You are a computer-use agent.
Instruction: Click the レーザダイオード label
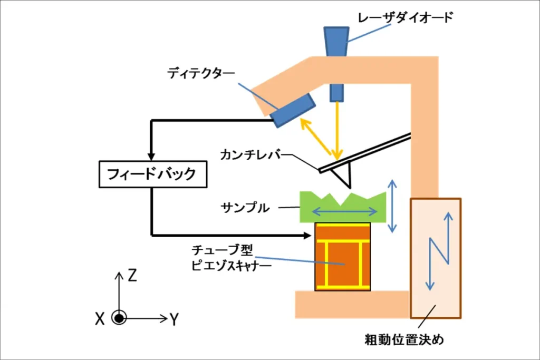coord(405,17)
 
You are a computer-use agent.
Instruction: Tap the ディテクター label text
coord(201,73)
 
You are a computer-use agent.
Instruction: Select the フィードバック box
coord(153,174)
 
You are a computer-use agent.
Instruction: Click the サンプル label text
coord(245,208)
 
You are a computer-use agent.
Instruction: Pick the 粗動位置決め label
coord(404,339)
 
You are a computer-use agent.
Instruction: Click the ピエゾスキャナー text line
coord(231,265)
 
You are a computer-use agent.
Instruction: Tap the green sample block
coord(343,207)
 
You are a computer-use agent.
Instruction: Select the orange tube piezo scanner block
coord(343,257)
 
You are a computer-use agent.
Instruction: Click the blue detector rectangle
coord(293,110)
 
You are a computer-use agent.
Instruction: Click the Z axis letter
coord(132,275)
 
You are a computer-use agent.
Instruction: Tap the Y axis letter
coord(174,319)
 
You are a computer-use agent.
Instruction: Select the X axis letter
coord(100,319)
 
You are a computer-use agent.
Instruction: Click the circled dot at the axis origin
coord(119,318)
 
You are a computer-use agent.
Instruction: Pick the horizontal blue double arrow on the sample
coord(344,211)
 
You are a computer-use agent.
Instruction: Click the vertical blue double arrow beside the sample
coord(392,206)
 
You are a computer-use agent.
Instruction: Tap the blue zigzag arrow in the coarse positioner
coord(439,251)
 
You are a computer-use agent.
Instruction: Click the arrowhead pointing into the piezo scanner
coord(307,236)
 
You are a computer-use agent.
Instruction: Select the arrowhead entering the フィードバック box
coord(151,157)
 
